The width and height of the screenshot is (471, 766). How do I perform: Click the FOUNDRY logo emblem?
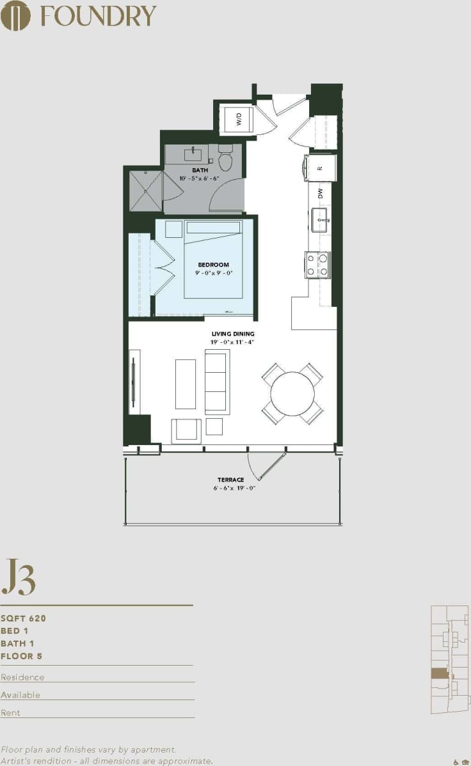click(x=15, y=15)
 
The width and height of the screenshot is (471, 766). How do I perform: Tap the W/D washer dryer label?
click(x=239, y=120)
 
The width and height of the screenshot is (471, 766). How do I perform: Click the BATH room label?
click(x=200, y=171)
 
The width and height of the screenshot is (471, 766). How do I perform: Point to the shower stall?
click(x=145, y=190)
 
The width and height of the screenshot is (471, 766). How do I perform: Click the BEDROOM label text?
click(x=213, y=265)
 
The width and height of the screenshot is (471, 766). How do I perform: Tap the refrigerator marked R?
click(x=320, y=168)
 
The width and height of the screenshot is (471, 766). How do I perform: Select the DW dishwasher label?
click(x=320, y=192)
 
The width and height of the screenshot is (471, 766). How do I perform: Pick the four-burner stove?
click(x=317, y=264)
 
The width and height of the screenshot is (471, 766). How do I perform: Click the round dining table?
click(x=292, y=394)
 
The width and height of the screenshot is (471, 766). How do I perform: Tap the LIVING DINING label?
click(x=233, y=334)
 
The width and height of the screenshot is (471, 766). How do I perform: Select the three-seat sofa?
click(x=216, y=382)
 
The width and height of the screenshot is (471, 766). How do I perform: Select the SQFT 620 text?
click(x=24, y=618)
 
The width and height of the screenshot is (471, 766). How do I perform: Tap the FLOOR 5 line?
click(x=22, y=656)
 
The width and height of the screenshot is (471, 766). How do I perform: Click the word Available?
click(x=20, y=694)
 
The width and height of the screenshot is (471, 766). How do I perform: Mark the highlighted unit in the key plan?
click(x=439, y=673)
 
